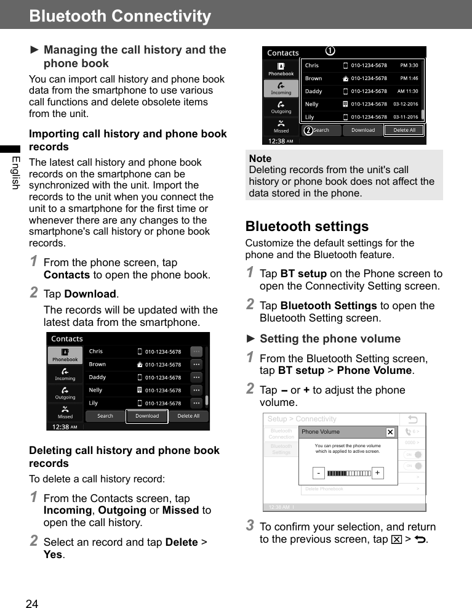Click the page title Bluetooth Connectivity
tap(120, 16)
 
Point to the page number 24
tap(32, 604)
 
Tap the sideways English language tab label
tap(15, 173)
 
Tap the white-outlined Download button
tap(147, 416)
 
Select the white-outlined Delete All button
tap(404, 130)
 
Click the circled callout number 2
tap(307, 131)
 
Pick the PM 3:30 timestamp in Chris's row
tap(409, 65)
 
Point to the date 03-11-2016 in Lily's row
tap(406, 117)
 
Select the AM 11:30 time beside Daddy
tap(407, 91)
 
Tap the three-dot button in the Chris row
tap(196, 352)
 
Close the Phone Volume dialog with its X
tap(390, 432)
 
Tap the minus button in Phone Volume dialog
tap(318, 473)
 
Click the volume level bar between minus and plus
tap(348, 473)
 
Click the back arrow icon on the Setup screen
tap(412, 420)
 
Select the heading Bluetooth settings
tap(306, 226)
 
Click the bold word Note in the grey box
tap(260, 158)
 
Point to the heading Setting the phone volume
tap(329, 339)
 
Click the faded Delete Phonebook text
tap(324, 489)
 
